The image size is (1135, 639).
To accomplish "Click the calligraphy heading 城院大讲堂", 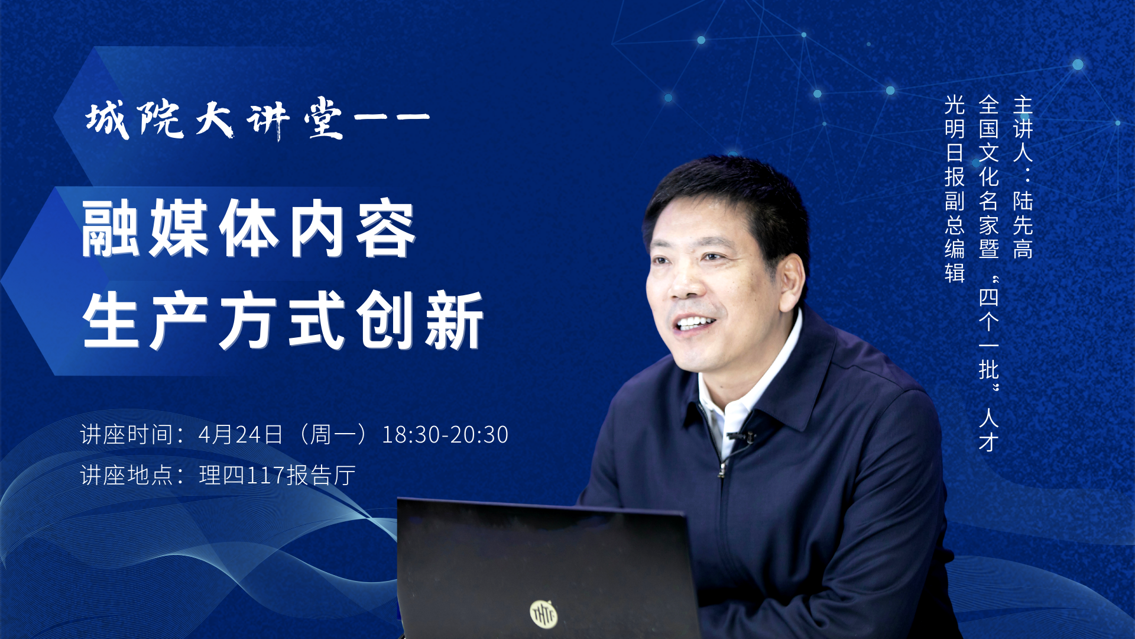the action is point(215,119).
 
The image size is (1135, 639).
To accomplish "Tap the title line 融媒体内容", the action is point(249,228).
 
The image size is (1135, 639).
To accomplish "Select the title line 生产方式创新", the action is point(283,320).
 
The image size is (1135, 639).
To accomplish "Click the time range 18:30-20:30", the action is point(445,435).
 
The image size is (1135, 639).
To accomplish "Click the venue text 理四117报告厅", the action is point(277,475).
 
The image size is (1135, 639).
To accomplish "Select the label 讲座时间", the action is point(127,435).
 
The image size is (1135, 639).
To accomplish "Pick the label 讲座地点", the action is point(127,475).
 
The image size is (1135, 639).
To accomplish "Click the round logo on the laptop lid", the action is point(543,614).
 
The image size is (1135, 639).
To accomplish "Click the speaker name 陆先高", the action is point(1023,225).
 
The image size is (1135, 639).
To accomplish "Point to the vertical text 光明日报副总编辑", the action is point(955,189).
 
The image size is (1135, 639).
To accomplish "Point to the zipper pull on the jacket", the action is point(722,470).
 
